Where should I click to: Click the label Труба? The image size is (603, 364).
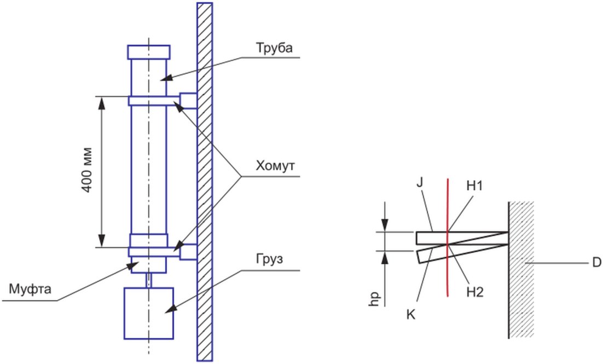pos(275,48)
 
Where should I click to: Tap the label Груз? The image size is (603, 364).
pos(269,259)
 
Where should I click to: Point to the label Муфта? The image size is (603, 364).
pos(30,289)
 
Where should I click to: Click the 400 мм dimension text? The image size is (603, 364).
pos(88,170)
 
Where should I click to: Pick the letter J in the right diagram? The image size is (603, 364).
pos(420,182)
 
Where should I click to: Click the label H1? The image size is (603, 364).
pos(474,186)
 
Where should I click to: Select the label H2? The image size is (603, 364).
pos(475,292)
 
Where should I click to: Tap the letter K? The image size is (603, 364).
pos(411,315)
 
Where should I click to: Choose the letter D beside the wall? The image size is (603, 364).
pos(596,263)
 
